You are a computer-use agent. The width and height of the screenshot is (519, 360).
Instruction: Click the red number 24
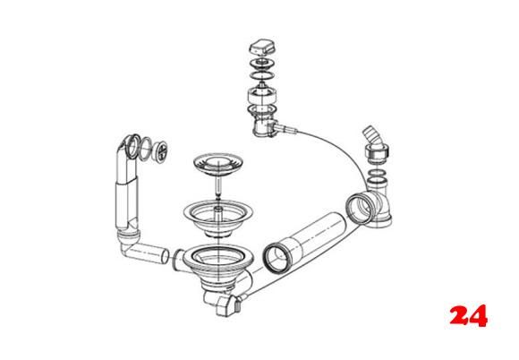pyautogui.click(x=468, y=315)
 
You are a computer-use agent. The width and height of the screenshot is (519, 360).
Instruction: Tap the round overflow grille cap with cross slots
pyautogui.click(x=161, y=151)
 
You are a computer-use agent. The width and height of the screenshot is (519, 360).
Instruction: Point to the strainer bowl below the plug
pyautogui.click(x=218, y=218)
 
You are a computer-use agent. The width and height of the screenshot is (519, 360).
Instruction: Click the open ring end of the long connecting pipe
pyautogui.click(x=276, y=258)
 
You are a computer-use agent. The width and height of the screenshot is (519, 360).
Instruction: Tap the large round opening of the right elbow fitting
pyautogui.click(x=360, y=209)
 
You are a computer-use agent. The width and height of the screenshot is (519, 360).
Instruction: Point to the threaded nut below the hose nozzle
pyautogui.click(x=377, y=154)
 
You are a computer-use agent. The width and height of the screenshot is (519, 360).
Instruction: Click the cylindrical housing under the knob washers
pyautogui.click(x=262, y=96)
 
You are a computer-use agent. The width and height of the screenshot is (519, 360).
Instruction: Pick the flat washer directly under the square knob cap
pyautogui.click(x=262, y=63)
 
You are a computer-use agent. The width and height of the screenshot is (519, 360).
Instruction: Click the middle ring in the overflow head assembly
pyautogui.click(x=146, y=149)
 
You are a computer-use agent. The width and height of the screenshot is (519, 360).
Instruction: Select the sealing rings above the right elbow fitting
pyautogui.click(x=378, y=178)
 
